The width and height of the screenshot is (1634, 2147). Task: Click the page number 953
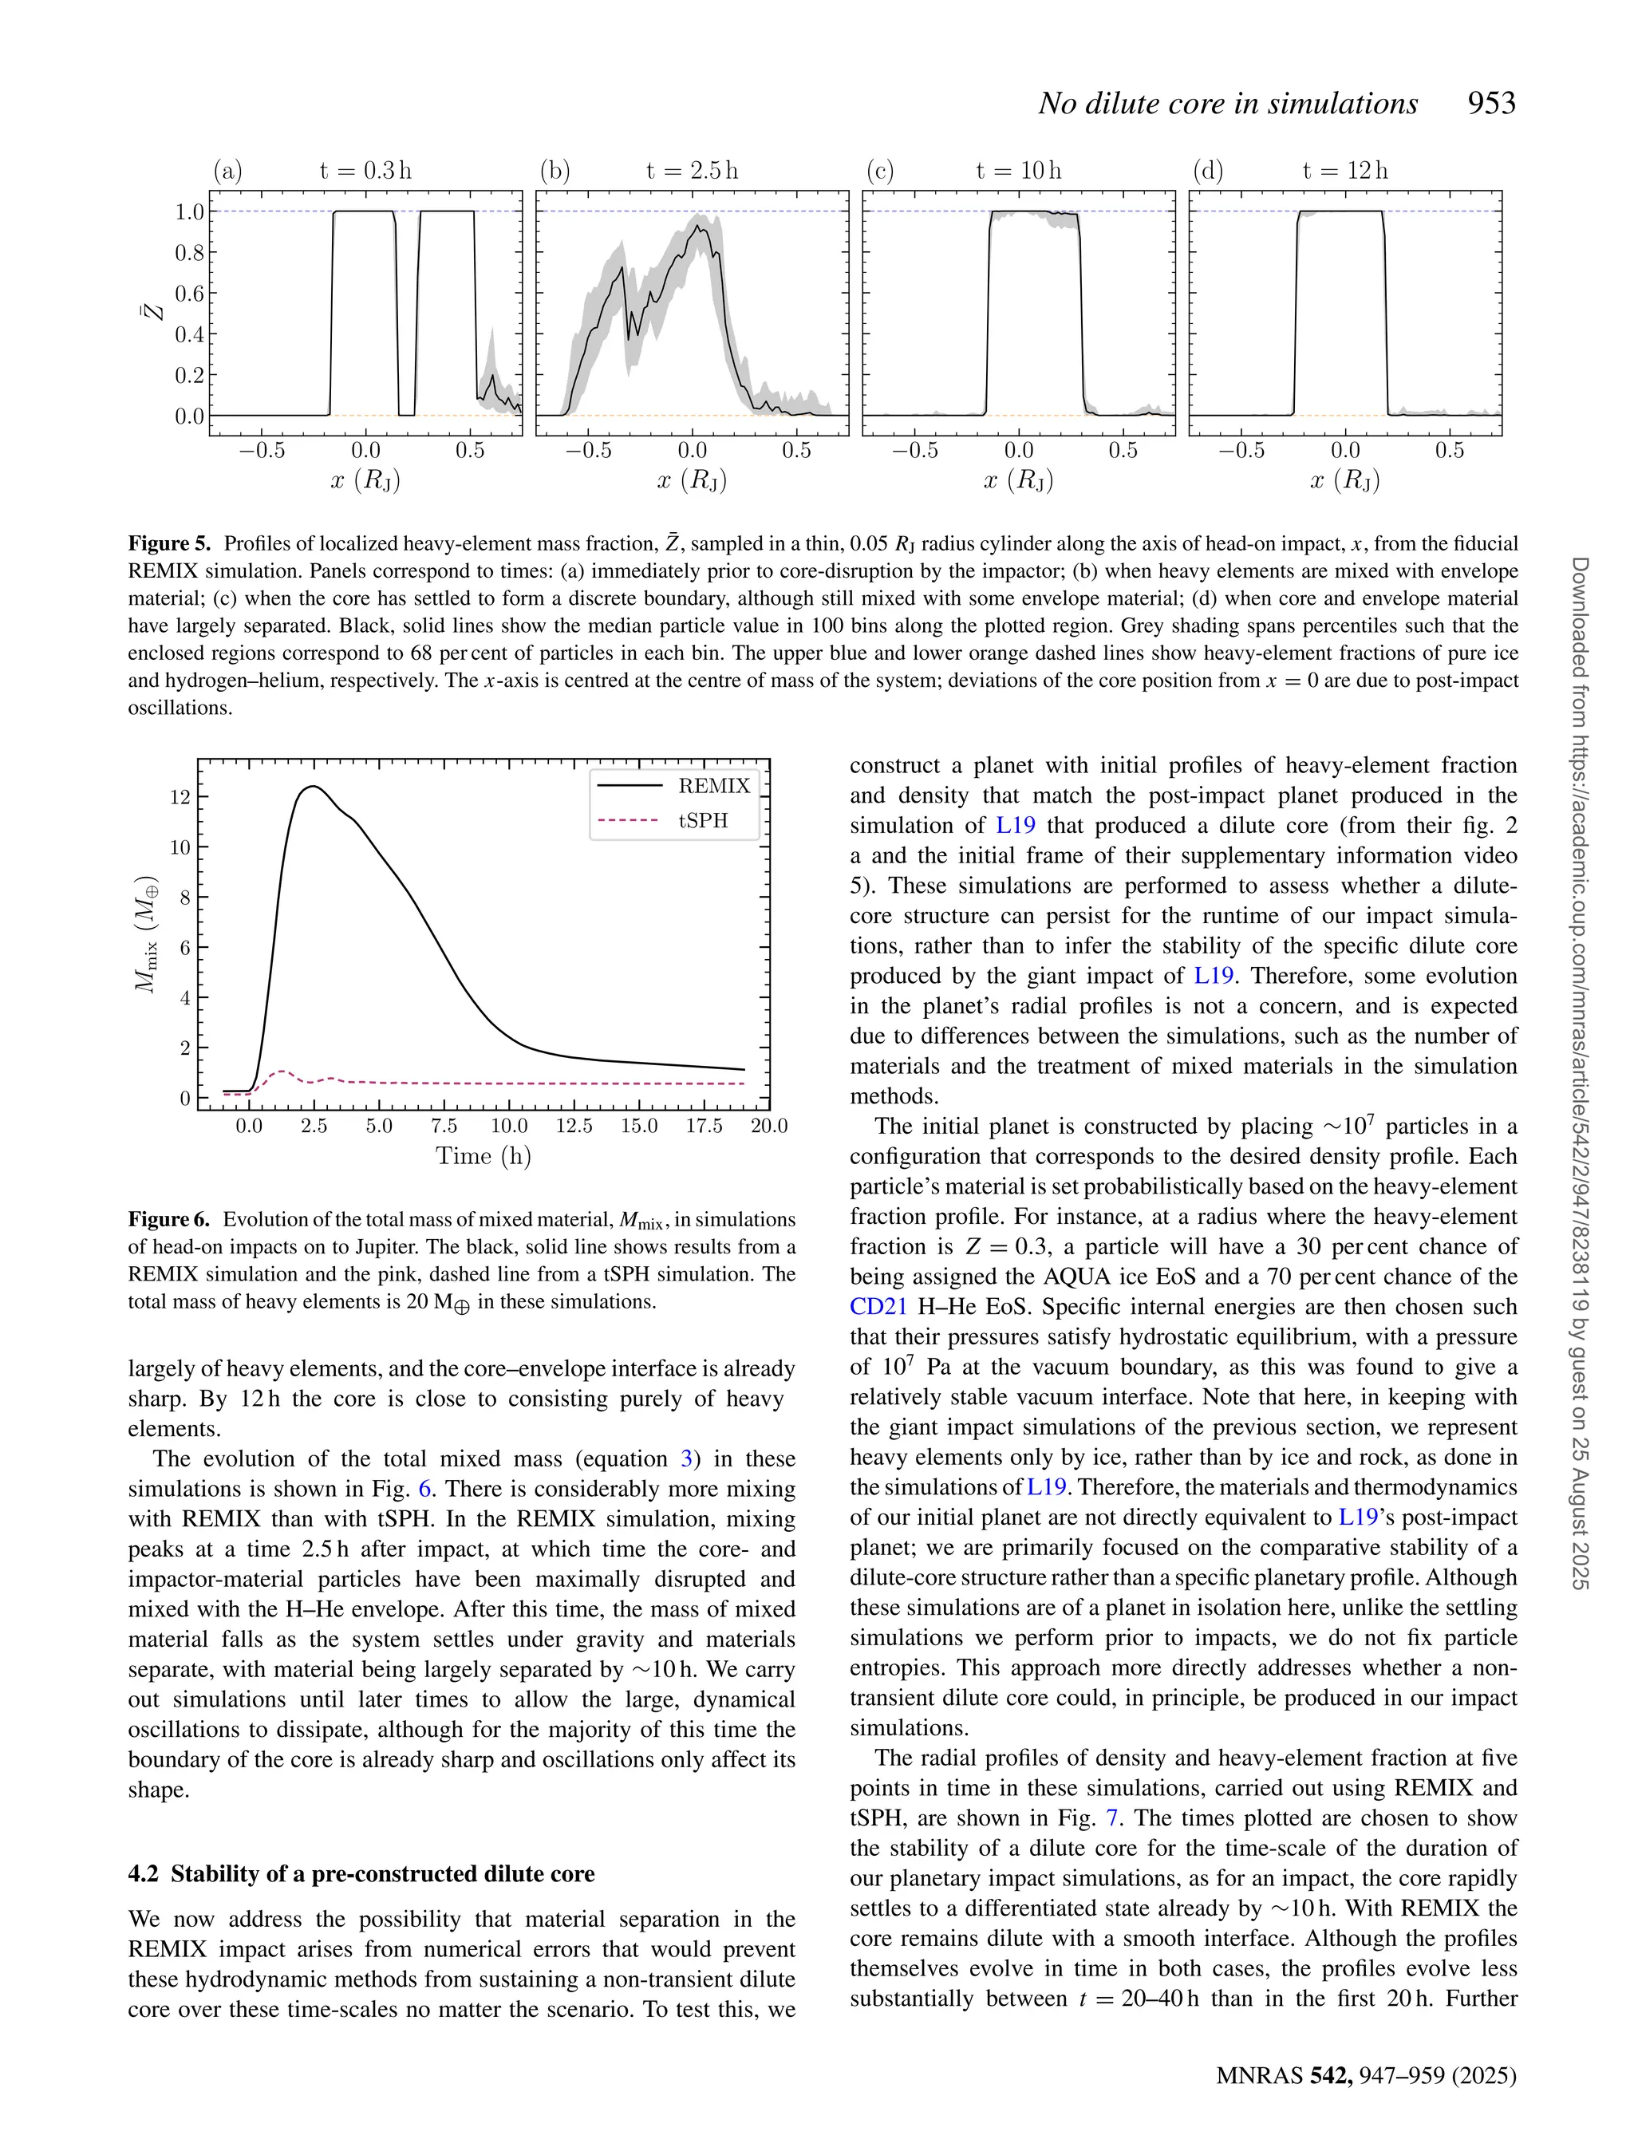click(x=1491, y=103)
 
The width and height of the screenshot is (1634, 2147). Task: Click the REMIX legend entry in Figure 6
click(x=714, y=786)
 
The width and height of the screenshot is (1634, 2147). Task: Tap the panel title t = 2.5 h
click(x=692, y=171)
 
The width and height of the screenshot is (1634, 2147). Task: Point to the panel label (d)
click(x=1208, y=171)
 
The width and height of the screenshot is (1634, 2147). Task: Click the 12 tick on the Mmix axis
click(x=180, y=797)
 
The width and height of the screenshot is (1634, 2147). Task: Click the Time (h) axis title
click(x=483, y=1156)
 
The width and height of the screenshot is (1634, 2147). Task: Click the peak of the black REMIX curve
click(x=312, y=787)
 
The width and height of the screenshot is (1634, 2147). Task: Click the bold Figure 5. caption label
click(x=169, y=543)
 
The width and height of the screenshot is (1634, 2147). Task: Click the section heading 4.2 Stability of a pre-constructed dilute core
click(x=361, y=1874)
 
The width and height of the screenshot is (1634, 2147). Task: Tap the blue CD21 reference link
click(x=878, y=1306)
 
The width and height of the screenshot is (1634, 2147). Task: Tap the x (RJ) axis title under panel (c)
click(x=1018, y=480)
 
